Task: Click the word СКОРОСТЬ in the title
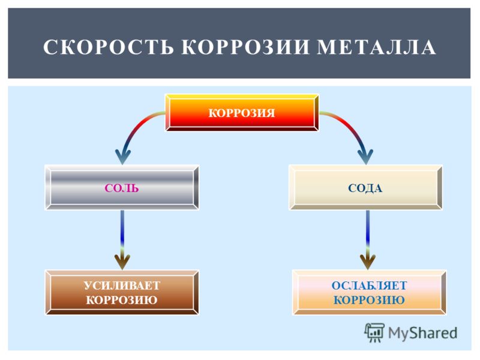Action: (x=109, y=47)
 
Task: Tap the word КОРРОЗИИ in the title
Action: (x=245, y=47)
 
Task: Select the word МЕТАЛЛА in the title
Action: (x=376, y=47)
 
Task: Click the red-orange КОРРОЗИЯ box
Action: (x=242, y=113)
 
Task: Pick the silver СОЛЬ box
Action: (x=122, y=187)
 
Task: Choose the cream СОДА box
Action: (x=365, y=187)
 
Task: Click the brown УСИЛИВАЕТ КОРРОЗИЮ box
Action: (x=122, y=292)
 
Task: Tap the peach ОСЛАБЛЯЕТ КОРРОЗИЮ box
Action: (x=369, y=292)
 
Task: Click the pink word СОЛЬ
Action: (x=122, y=188)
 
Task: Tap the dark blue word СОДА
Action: (x=365, y=188)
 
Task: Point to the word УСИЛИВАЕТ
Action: (x=122, y=286)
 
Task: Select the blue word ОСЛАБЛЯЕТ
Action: (x=369, y=286)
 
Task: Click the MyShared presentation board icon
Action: (x=374, y=332)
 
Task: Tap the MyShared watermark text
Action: (x=423, y=333)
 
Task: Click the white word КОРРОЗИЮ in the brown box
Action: (x=122, y=299)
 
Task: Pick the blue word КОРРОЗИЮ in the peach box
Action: (x=369, y=299)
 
